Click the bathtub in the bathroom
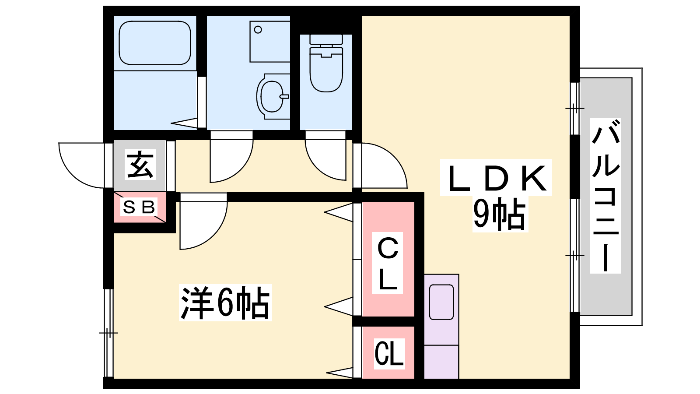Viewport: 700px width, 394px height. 155,43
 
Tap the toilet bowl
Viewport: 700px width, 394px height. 326,70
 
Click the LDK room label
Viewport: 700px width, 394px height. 497,179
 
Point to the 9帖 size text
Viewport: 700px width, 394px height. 499,215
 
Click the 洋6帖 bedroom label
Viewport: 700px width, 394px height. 225,303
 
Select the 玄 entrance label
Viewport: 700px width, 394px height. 140,165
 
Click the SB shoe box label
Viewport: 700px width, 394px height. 139,207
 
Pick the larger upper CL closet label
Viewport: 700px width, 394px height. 388,264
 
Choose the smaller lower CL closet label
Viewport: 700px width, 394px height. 388,354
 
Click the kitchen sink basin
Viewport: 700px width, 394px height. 441,302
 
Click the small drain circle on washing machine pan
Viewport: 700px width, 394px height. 258,29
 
